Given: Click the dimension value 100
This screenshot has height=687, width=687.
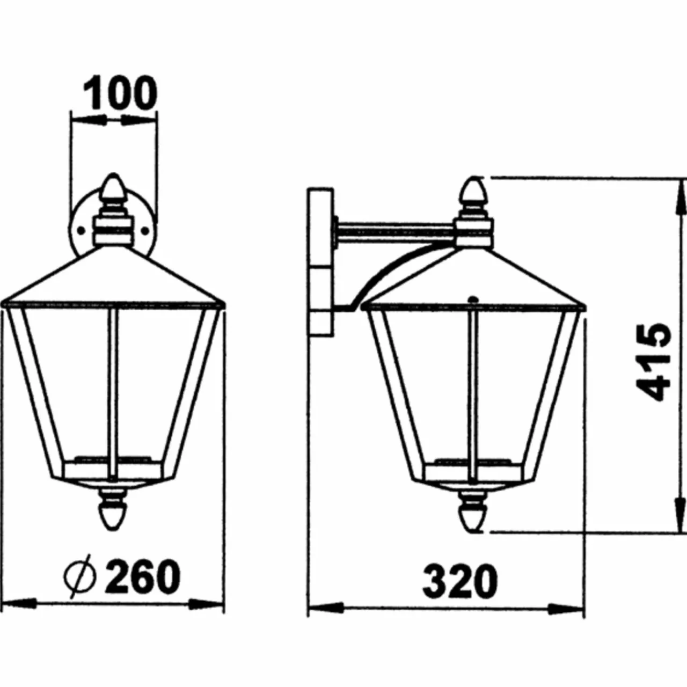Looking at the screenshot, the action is [120, 93].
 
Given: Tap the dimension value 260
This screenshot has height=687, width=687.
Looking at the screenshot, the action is [142, 576].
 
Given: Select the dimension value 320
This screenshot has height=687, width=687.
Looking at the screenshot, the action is [460, 580].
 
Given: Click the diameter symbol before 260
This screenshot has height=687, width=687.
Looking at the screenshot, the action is [80, 576].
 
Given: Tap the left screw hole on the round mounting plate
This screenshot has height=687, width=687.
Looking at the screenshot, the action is [81, 231].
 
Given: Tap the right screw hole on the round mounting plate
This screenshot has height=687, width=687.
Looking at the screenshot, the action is [145, 231].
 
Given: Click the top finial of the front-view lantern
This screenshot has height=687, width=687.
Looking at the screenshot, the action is [113, 189].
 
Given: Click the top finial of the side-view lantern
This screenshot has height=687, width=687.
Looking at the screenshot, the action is [474, 193].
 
